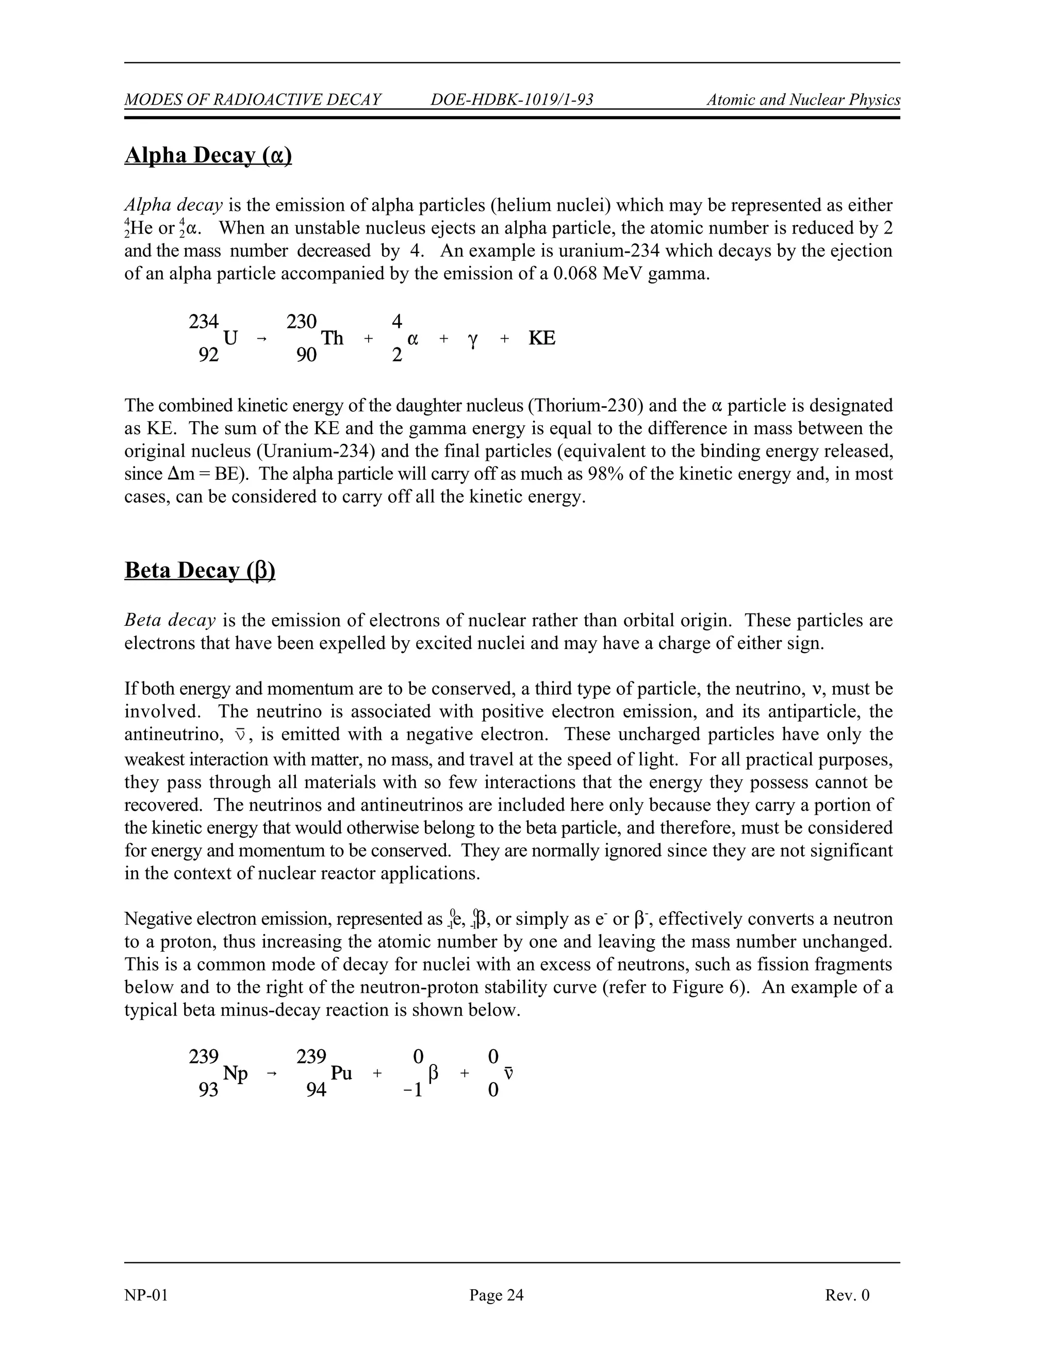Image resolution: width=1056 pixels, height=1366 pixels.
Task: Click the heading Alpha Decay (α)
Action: [x=208, y=155]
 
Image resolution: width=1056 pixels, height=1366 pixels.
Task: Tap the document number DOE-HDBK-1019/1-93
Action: [x=511, y=99]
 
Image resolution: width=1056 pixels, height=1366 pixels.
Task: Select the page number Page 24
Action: [x=496, y=1295]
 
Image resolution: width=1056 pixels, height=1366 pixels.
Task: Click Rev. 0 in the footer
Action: [x=847, y=1295]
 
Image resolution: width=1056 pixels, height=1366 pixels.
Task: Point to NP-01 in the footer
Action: [x=146, y=1295]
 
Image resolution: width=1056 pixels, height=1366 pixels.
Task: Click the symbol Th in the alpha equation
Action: [x=332, y=338]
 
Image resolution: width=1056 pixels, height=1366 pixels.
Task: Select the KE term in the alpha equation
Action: [x=542, y=338]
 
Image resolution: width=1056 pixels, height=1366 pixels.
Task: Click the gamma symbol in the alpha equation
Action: [x=473, y=340]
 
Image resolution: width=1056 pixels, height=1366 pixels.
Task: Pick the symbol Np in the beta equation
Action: [x=235, y=1074]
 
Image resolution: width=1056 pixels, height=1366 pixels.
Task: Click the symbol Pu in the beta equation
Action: [x=341, y=1073]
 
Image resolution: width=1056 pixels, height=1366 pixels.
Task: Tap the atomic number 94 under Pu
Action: [x=316, y=1090]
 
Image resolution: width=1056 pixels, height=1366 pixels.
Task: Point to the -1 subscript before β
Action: [x=413, y=1091]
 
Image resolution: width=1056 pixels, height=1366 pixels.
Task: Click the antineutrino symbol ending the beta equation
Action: [x=508, y=1074]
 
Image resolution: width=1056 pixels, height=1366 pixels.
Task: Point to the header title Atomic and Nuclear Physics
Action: [x=803, y=99]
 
